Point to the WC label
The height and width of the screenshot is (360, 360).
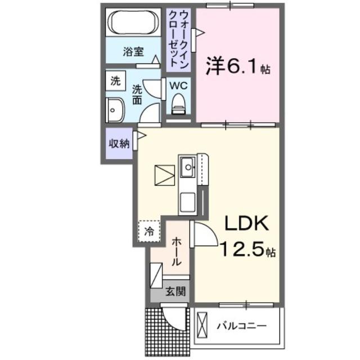point(178,85)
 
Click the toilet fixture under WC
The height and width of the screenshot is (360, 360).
point(178,104)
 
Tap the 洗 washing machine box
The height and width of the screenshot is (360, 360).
point(115,80)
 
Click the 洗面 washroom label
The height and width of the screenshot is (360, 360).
point(137,94)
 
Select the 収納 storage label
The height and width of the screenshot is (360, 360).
point(119,143)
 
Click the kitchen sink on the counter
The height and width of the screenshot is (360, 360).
point(187,165)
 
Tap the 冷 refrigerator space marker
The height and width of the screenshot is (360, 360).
point(149,231)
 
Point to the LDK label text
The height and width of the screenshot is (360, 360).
point(248,224)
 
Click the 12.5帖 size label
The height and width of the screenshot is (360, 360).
point(248,248)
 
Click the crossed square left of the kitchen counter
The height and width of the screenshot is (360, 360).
point(165,175)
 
